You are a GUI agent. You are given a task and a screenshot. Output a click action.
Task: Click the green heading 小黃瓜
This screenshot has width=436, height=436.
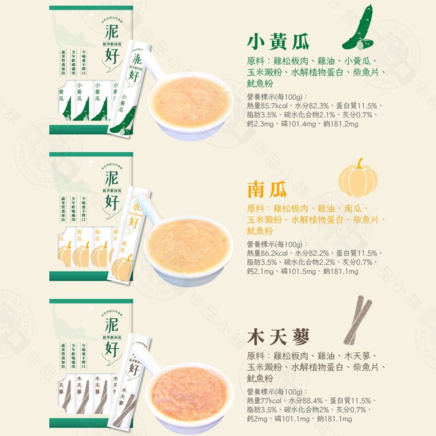[x=278, y=41]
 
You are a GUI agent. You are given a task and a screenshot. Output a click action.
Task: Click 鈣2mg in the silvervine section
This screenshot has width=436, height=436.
[x=260, y=419]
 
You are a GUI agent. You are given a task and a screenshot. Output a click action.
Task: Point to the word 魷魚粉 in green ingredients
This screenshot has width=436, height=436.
[x=260, y=83]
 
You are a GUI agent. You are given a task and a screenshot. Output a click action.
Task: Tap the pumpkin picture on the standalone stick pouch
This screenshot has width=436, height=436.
[x=122, y=266]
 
